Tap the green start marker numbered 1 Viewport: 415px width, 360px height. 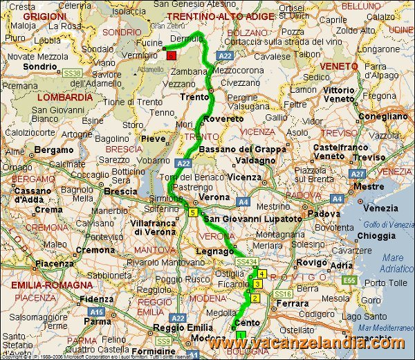[x=240, y=335]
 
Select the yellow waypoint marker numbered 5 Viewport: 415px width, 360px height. [x=192, y=213]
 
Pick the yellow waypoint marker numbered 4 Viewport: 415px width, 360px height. [x=262, y=274]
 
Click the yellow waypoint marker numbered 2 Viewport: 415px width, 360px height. [x=255, y=298]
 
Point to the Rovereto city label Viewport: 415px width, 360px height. [x=224, y=119]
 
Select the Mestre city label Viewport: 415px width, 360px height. [x=368, y=186]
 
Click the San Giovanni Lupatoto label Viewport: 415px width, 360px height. [x=252, y=219]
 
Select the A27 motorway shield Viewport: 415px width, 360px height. [x=357, y=174]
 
